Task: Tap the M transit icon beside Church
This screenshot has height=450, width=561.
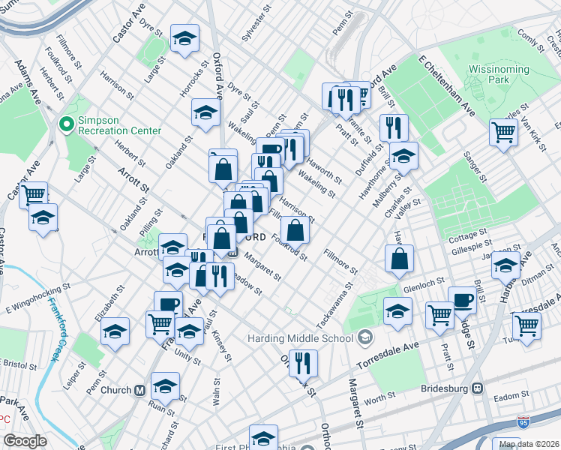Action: click(x=139, y=390)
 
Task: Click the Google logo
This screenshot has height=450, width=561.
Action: click(x=25, y=441)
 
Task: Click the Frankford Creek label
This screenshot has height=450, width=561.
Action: click(x=54, y=330)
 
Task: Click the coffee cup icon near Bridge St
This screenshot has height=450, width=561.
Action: click(x=462, y=299)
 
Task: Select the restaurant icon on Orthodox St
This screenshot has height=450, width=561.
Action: click(x=303, y=363)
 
